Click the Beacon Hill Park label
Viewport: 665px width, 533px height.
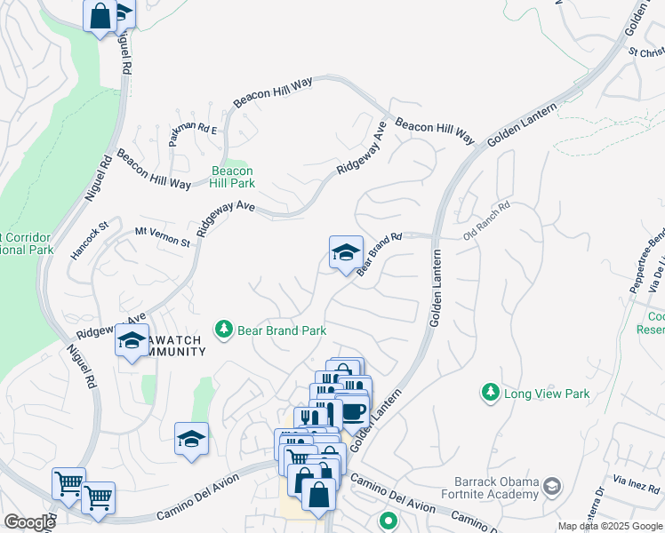point(232,177)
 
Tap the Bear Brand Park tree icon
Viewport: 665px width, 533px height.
point(223,330)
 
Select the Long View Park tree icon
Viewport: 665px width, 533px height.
point(489,392)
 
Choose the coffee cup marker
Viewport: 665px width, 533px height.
point(353,410)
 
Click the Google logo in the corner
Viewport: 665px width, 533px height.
point(28,522)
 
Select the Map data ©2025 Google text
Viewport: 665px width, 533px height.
point(610,526)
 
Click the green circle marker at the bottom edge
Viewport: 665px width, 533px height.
point(388,521)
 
